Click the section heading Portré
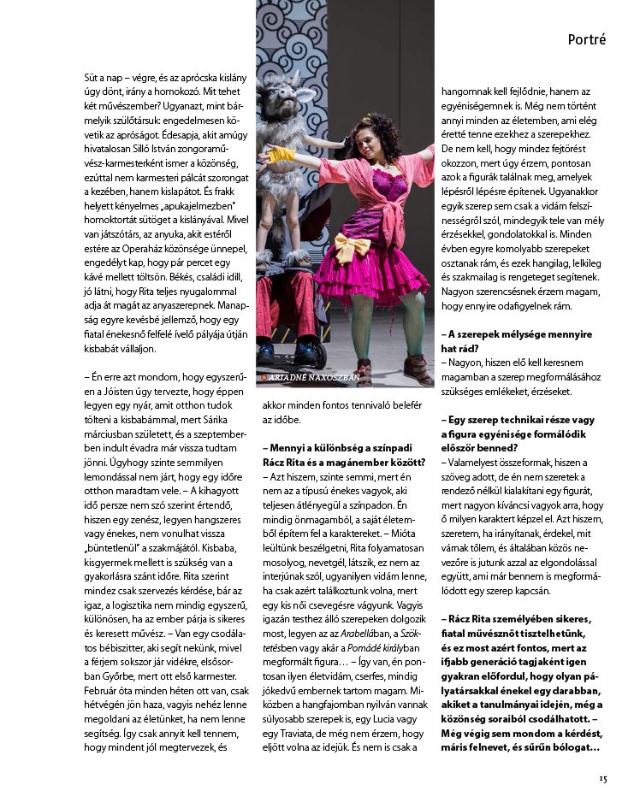(x=587, y=40)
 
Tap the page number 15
(x=602, y=777)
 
